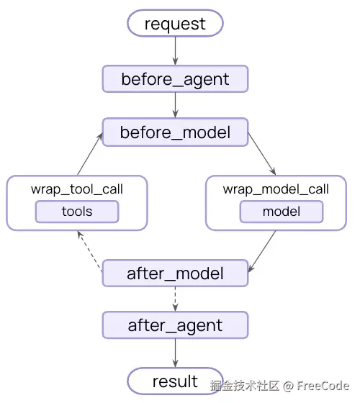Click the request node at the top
(175, 23)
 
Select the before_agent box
(175, 79)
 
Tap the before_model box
(175, 132)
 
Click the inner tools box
(77, 212)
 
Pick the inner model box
(282, 212)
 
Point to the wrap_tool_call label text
(77, 189)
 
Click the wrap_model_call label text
(276, 189)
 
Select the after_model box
(175, 273)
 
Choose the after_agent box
(175, 325)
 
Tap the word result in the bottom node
(175, 381)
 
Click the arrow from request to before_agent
(176, 51)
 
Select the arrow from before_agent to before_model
(176, 105)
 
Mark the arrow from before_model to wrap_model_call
(262, 154)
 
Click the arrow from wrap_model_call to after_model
(262, 251)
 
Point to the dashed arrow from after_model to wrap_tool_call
(90, 251)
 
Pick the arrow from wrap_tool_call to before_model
(90, 154)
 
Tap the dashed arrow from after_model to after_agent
(176, 299)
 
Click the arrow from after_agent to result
(176, 353)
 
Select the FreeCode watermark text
(323, 386)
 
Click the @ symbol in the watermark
(288, 386)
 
